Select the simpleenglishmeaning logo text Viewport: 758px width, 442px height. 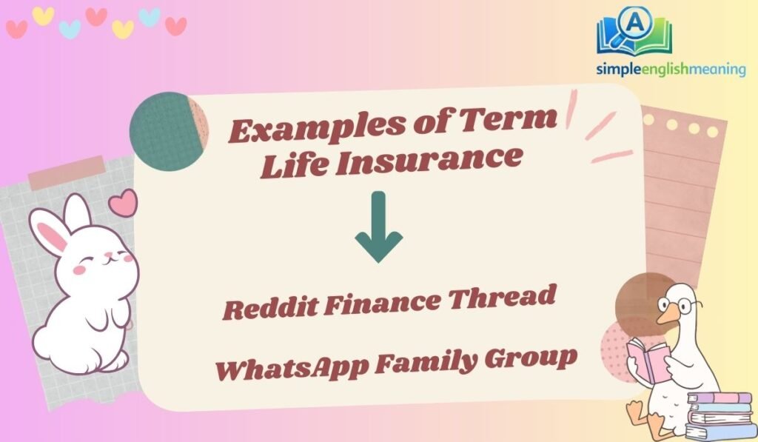coord(671,69)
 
